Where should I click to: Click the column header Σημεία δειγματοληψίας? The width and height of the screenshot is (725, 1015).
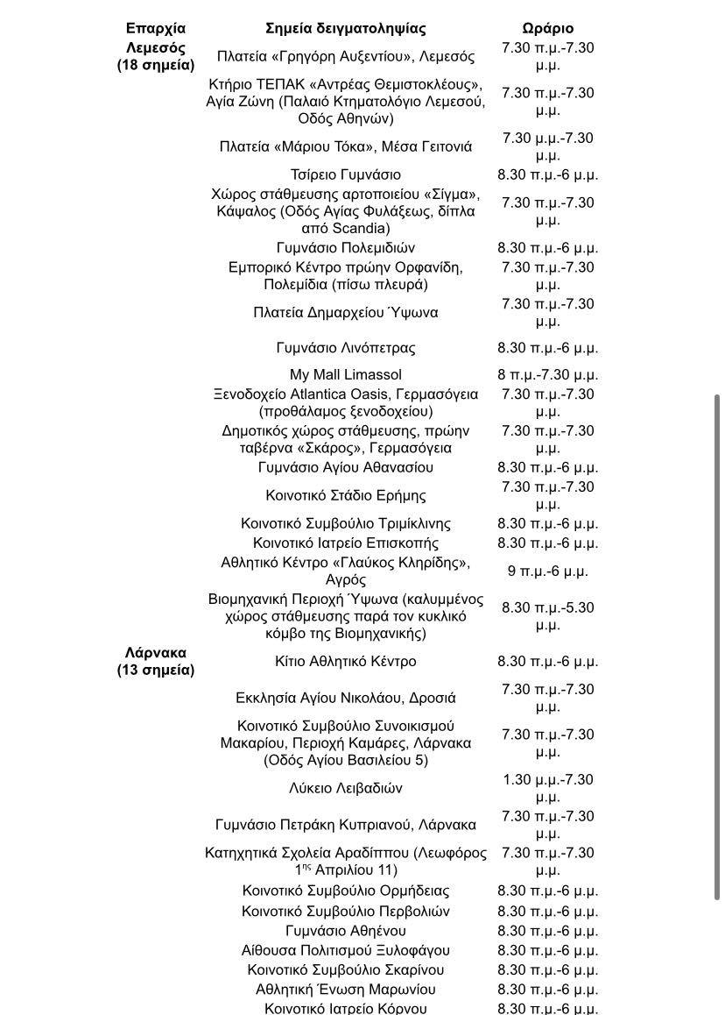(346, 28)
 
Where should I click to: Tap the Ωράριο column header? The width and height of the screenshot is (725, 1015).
(547, 28)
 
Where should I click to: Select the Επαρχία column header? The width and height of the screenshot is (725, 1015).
(156, 28)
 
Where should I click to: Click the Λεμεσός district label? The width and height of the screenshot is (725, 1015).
(156, 47)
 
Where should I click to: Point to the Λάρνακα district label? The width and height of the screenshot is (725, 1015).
(156, 653)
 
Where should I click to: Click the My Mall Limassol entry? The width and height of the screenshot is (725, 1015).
(346, 374)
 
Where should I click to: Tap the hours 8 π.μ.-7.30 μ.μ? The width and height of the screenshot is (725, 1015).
(547, 374)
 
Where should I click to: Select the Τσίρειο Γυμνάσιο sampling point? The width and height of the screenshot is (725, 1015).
(346, 174)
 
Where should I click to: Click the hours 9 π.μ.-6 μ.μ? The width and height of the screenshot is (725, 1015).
(547, 571)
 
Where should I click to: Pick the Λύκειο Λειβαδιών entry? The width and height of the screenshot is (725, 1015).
(346, 788)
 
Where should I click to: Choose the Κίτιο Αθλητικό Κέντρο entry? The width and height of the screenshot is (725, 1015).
(346, 662)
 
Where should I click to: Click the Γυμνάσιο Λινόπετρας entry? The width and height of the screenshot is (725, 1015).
(346, 348)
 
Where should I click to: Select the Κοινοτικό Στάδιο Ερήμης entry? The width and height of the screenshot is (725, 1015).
(346, 495)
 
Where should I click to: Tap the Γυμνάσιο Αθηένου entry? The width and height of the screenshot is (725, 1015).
(346, 931)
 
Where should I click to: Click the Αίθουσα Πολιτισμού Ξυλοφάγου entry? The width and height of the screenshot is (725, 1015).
(346, 950)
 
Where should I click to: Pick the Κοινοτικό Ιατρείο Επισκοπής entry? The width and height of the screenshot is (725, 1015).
(346, 543)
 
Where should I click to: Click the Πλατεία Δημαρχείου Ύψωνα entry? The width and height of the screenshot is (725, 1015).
(346, 312)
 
